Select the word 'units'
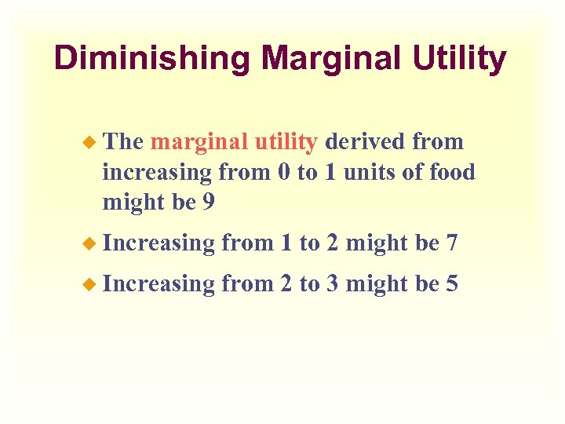tap(368, 172)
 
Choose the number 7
tap(451, 243)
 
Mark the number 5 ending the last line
tap(451, 283)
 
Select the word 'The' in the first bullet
tap(123, 142)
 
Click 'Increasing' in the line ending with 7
tap(159, 244)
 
